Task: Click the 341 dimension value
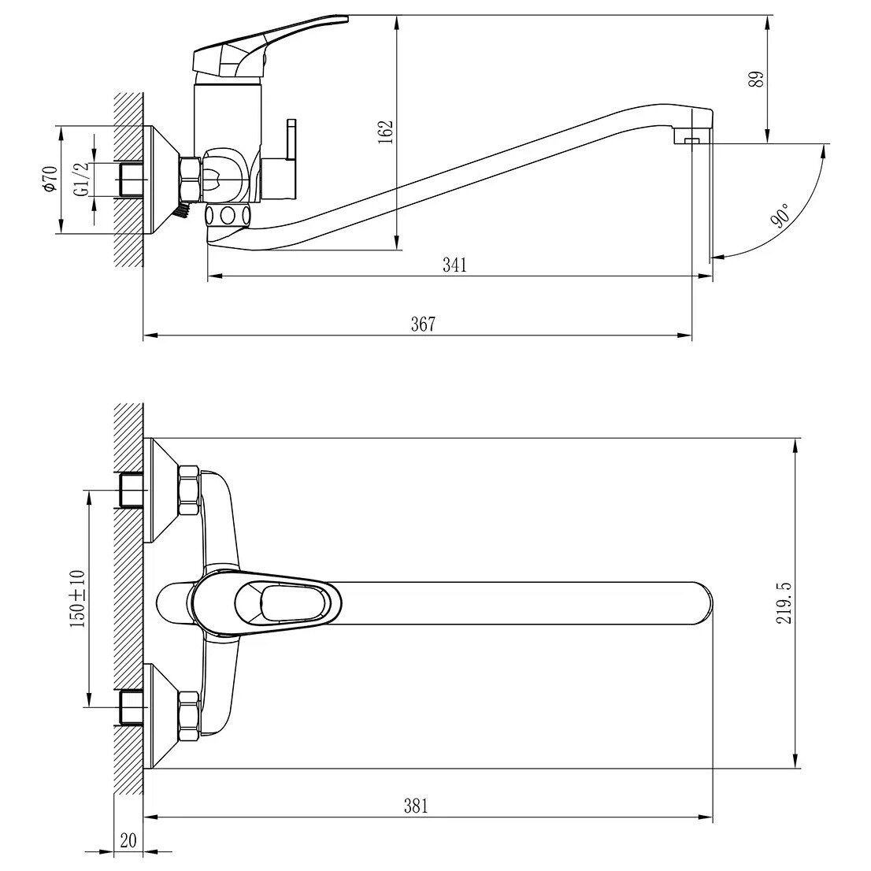coord(454,265)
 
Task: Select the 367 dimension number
coord(423,324)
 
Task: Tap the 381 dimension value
coord(416,806)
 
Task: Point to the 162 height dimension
coord(386,132)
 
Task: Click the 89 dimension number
coord(757,79)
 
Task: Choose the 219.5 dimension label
coord(784,603)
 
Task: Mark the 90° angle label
coord(780,216)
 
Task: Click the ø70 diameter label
coord(50,179)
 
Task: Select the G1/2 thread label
coord(81,179)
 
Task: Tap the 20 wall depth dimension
coord(128,840)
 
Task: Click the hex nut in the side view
coord(190,179)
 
